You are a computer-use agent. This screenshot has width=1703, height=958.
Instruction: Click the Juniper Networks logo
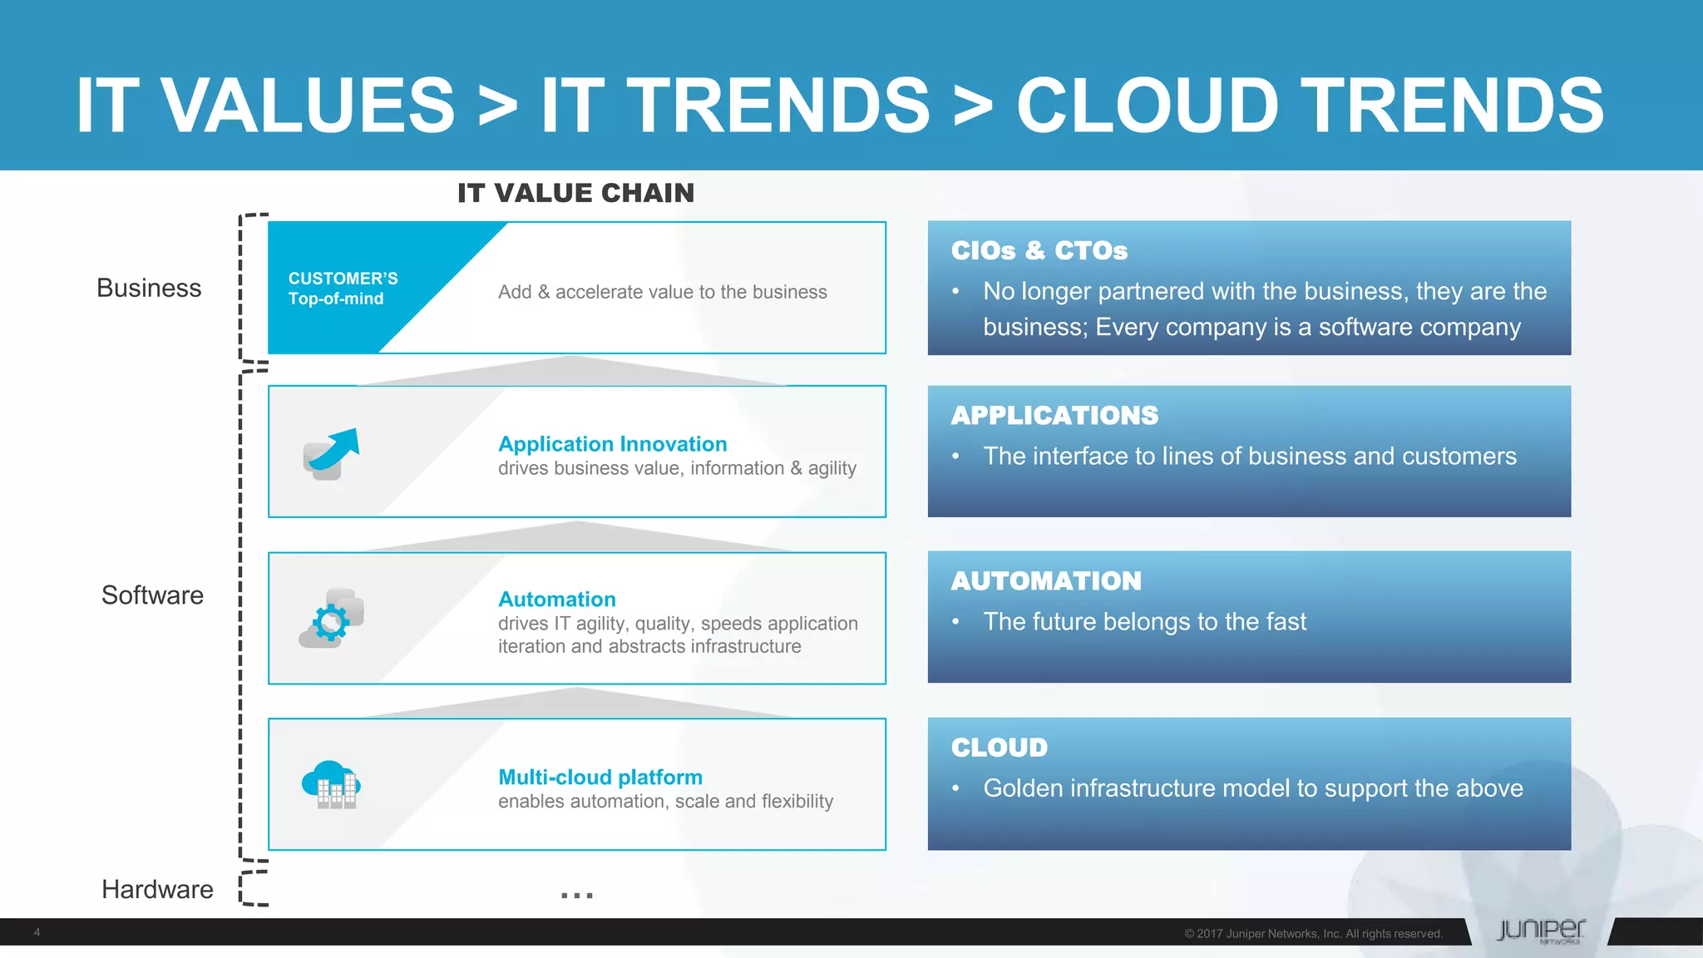coord(1541,931)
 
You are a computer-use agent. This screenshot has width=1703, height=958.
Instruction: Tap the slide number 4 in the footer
coord(37,932)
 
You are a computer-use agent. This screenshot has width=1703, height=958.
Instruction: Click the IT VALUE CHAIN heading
coord(575,193)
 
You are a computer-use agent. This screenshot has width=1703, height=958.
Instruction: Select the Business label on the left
coord(149,288)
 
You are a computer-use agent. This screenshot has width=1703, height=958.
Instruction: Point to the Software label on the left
coord(152,595)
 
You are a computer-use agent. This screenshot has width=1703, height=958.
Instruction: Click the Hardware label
coord(157,889)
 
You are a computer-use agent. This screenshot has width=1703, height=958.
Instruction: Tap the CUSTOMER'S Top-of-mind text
coord(343,289)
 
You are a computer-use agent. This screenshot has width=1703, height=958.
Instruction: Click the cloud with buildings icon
coord(331,784)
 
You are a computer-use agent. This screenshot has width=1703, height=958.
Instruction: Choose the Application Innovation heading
coord(612,444)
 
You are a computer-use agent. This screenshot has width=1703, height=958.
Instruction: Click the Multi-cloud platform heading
coord(600,778)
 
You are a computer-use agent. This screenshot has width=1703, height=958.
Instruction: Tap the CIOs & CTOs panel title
coord(1039,250)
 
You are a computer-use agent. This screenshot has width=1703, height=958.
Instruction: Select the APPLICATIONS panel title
coord(1054,415)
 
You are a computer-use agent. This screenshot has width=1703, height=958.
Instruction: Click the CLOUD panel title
coord(999,747)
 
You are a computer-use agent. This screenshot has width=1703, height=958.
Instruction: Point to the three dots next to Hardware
coord(576,896)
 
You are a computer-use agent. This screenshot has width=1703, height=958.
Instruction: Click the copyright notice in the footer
coord(1313,934)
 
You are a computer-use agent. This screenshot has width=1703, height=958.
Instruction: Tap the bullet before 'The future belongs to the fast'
coord(956,621)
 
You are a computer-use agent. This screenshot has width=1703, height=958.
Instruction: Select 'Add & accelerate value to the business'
coord(662,292)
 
